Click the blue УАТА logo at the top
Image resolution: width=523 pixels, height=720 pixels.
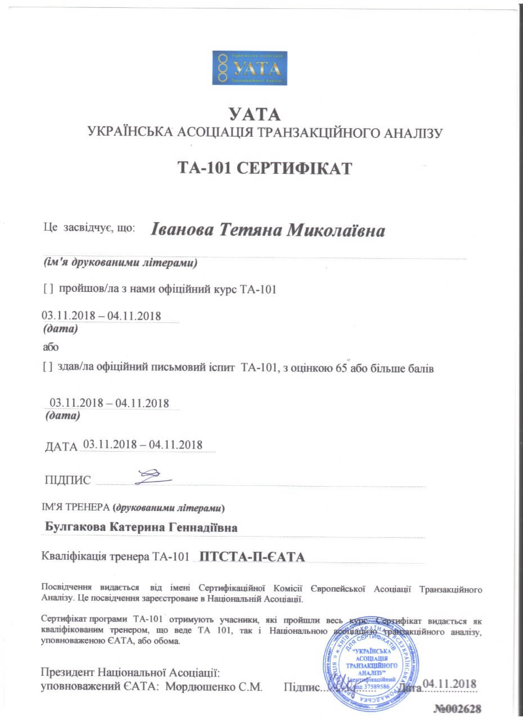tap(249, 67)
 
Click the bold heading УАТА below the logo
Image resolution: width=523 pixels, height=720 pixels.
tap(254, 115)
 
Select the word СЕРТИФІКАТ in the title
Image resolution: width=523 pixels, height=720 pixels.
tap(294, 168)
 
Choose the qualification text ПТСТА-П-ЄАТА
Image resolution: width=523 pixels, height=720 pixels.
tap(252, 557)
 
